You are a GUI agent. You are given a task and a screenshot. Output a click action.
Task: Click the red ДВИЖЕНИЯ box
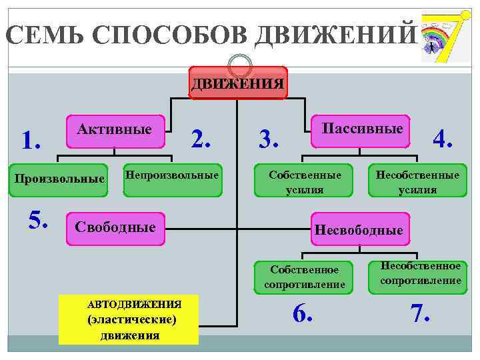tap(238, 83)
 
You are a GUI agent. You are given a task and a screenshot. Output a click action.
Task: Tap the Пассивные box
tap(362, 129)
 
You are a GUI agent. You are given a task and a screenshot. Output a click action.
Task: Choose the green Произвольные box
tap(59, 179)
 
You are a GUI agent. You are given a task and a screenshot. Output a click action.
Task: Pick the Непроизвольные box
tap(173, 177)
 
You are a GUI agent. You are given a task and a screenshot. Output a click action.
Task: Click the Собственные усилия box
tap(305, 181)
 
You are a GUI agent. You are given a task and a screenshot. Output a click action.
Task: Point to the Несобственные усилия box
tap(417, 181)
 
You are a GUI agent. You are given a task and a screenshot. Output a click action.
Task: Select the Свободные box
tap(115, 228)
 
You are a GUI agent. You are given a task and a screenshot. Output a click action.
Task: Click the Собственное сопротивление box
tap(304, 277)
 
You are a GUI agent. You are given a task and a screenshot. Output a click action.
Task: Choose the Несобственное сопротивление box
tap(420, 273)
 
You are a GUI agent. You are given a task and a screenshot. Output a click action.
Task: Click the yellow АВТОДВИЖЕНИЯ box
tap(129, 319)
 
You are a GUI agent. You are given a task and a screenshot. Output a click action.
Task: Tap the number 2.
tap(201, 139)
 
